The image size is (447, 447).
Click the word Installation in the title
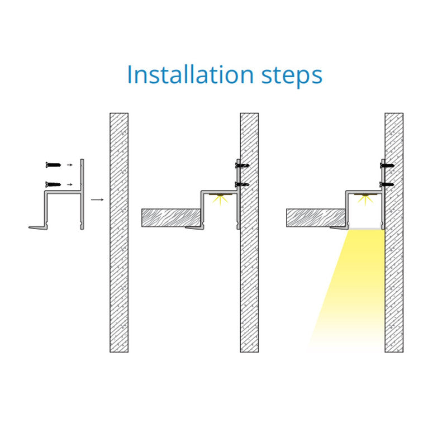coord(190,75)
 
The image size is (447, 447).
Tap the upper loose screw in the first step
coord(53,165)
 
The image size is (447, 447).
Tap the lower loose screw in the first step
coord(53,184)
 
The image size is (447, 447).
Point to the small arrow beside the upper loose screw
coord(69,165)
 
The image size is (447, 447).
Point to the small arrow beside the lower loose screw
coord(69,184)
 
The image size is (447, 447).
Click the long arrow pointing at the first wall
coord(97,199)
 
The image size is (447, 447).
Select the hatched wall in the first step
coord(119,232)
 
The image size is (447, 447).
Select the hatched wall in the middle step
coord(249,232)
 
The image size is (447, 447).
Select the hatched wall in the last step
coord(394,232)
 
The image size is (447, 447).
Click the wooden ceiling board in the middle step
coord(171,218)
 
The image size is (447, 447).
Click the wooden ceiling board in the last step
coord(316,218)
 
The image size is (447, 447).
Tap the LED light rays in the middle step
coord(220,199)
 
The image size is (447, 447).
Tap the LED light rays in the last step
coord(365,199)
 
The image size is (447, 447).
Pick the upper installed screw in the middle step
coord(242,165)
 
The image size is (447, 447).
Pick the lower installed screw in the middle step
coord(242,184)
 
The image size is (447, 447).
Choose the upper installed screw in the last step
coord(387,165)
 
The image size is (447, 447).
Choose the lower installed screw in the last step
coord(387,184)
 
